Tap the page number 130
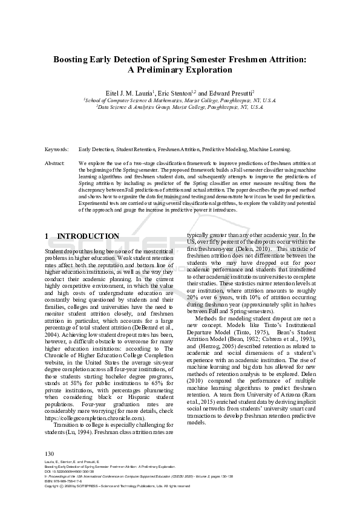coord(50,453)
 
